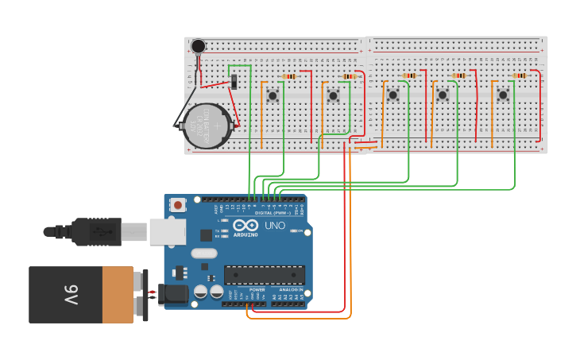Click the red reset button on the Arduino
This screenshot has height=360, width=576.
click(177, 204)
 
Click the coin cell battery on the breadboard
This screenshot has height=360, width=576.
click(207, 125)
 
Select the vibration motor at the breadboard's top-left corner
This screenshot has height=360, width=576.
click(198, 46)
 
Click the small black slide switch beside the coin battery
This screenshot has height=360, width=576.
click(234, 81)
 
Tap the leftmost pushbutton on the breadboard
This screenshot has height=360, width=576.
click(273, 95)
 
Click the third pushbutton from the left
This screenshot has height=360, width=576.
click(392, 95)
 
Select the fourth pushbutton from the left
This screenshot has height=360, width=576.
click(443, 95)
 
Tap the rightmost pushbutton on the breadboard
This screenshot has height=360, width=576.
click(503, 95)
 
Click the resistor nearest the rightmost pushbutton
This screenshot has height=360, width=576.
click(520, 75)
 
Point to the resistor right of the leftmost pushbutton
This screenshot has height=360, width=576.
click(290, 76)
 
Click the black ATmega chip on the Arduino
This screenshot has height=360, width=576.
click(264, 275)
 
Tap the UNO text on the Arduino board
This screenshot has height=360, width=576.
click(274, 226)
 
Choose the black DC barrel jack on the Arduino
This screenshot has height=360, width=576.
click(174, 295)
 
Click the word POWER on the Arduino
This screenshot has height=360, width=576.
click(257, 290)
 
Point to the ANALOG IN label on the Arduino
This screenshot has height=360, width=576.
click(289, 290)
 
